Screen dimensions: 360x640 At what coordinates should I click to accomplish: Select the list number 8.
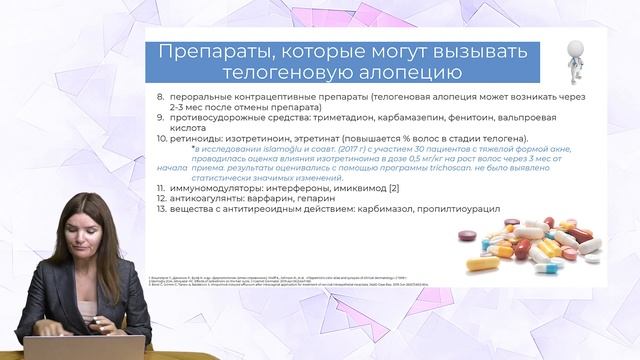pyautogui.click(x=161, y=96)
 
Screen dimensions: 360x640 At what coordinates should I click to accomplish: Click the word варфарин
pyautogui.click(x=277, y=198)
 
